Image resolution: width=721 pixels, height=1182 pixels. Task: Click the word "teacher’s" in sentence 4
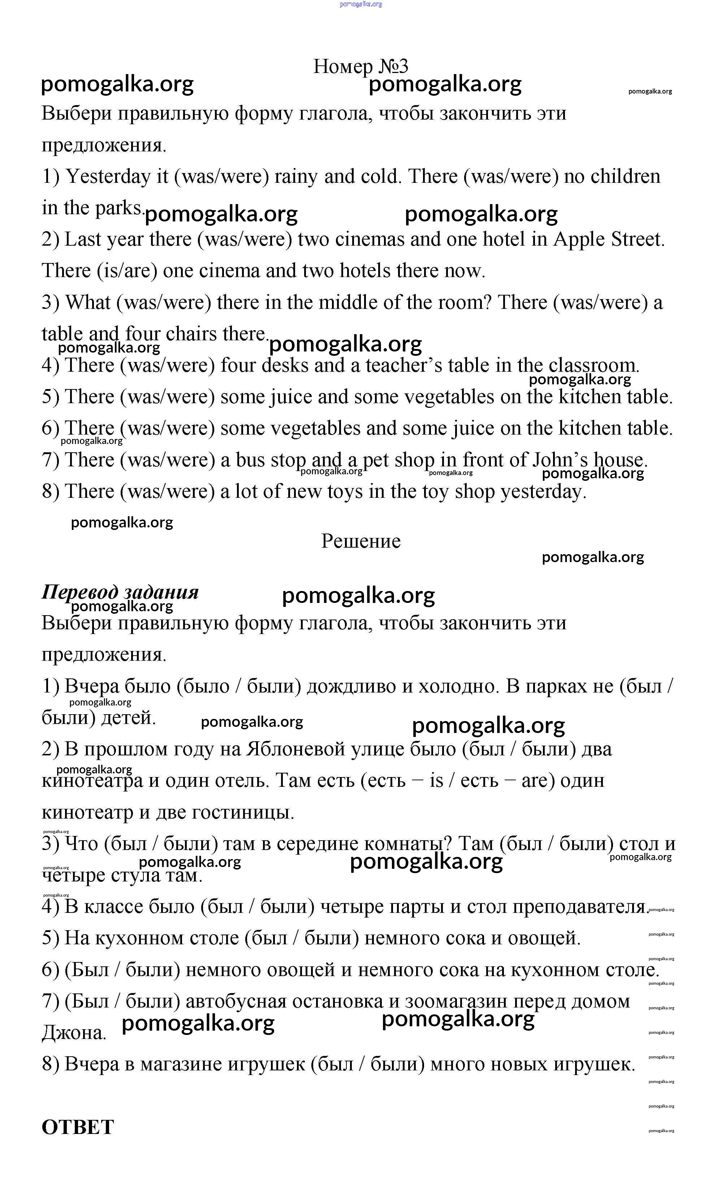click(404, 366)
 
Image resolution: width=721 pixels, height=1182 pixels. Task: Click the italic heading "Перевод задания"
click(120, 592)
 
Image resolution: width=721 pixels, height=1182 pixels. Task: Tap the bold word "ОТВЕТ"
click(78, 1127)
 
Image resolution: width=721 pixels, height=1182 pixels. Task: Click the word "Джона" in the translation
click(73, 1033)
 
